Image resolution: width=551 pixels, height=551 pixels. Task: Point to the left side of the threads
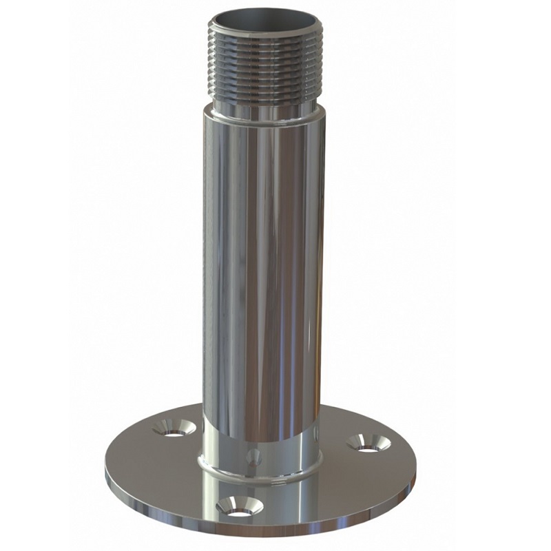pyautogui.click(x=215, y=65)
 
